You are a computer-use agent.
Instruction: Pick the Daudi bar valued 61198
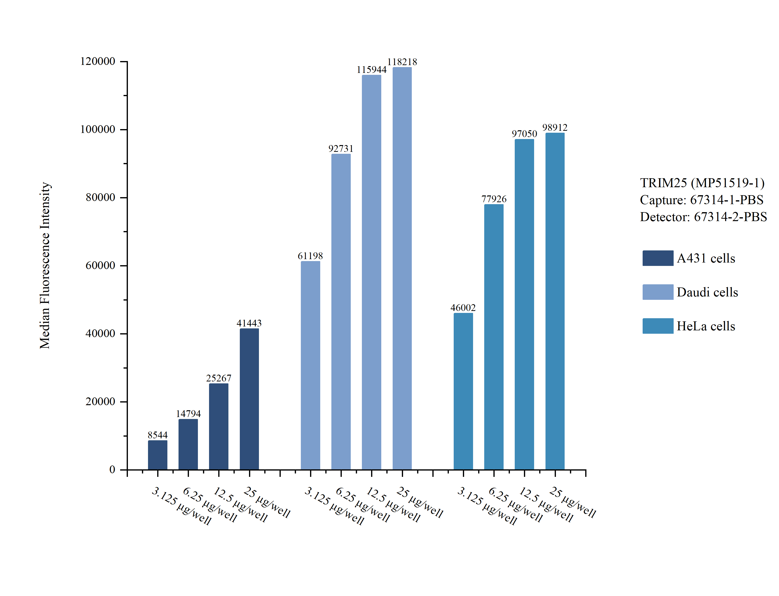[x=310, y=365]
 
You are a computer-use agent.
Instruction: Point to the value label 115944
[x=371, y=70]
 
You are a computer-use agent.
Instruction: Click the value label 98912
[x=555, y=127]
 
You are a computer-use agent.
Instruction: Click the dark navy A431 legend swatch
[x=658, y=258]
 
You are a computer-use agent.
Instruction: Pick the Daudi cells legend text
[x=707, y=292]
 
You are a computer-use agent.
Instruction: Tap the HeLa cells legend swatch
[x=658, y=326]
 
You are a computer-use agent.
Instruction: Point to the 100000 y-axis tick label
[x=98, y=130]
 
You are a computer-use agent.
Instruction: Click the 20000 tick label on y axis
[x=100, y=402]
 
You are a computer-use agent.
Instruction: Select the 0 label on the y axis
[x=112, y=470]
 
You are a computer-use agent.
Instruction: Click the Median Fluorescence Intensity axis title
[x=45, y=265]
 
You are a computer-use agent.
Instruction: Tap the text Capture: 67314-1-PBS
[x=701, y=200]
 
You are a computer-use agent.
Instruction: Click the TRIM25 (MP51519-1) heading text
[x=702, y=183]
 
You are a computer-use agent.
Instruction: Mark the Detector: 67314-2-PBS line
[x=703, y=217]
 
